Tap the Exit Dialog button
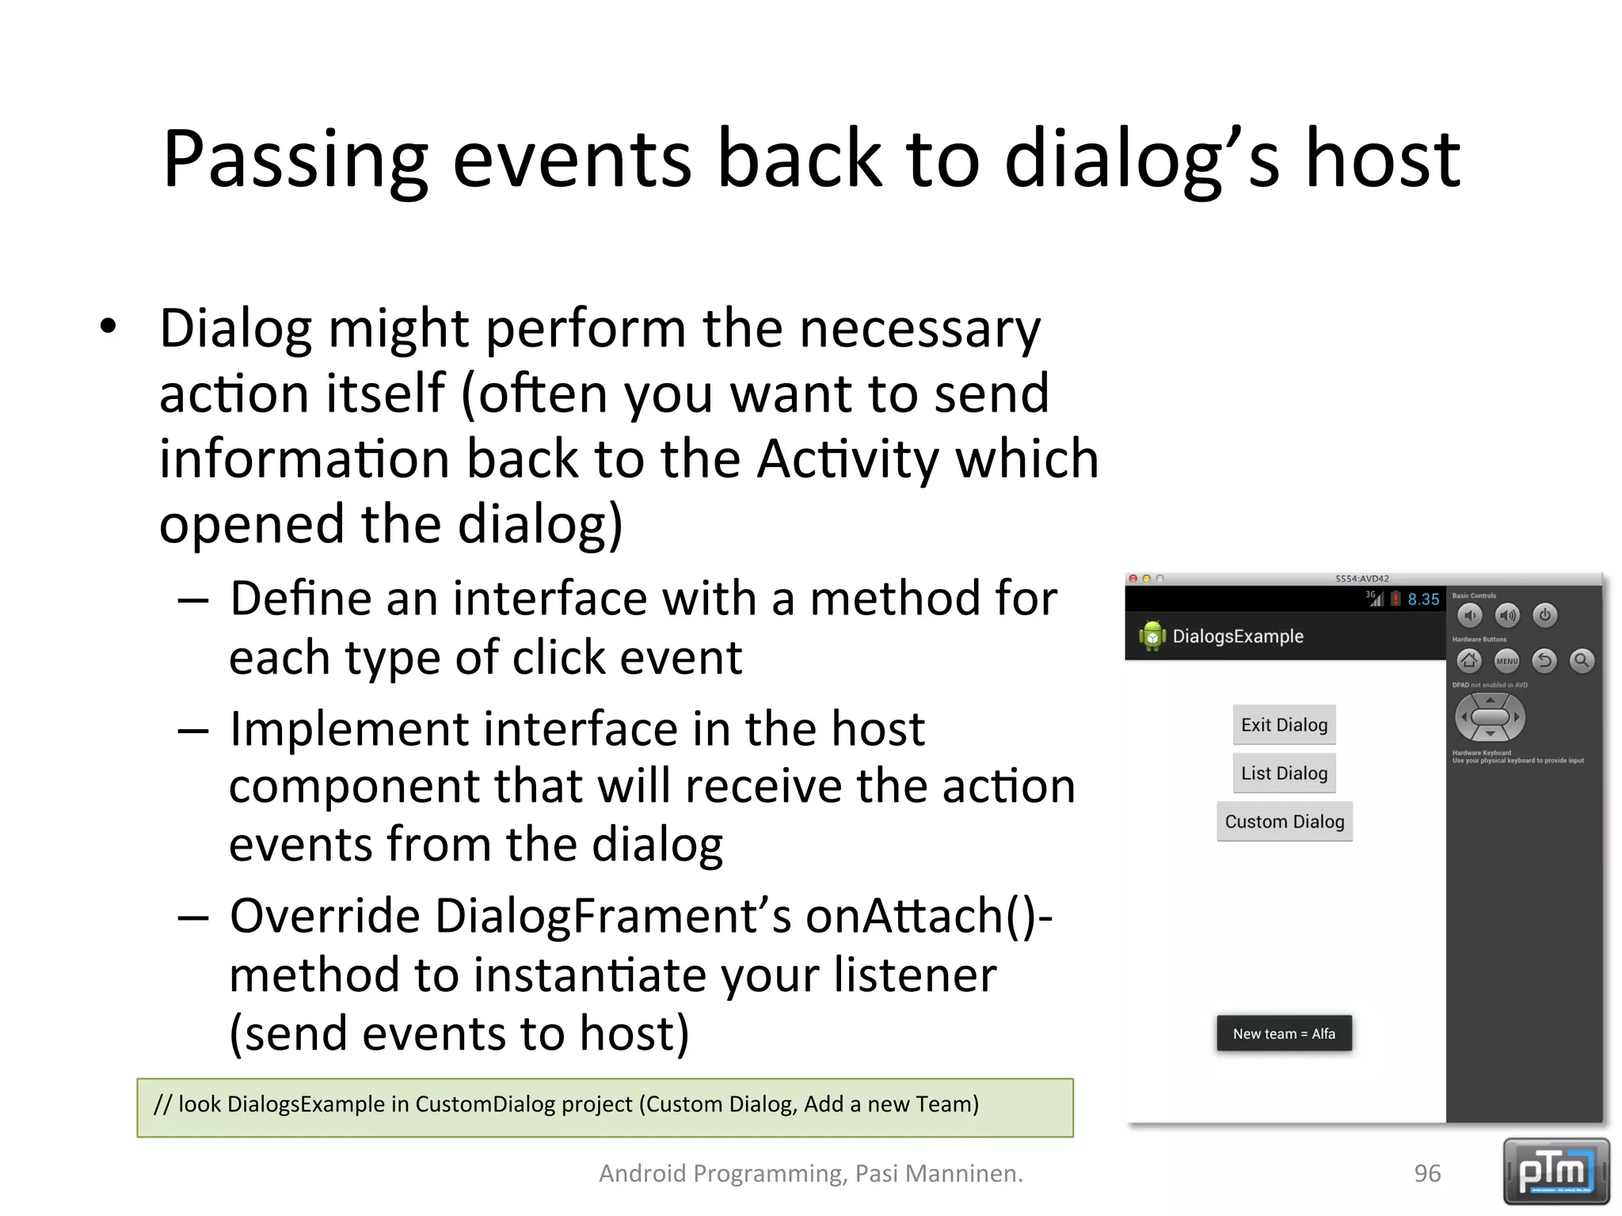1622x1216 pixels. (1284, 724)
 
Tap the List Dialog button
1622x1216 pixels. (1284, 773)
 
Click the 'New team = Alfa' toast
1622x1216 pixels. (1284, 1033)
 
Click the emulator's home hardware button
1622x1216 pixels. (1469, 660)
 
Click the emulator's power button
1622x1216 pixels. (1544, 615)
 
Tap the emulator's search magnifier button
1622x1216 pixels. (1582, 660)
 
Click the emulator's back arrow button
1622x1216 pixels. (1544, 660)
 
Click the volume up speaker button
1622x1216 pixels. (1507, 615)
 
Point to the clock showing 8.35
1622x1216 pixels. (1423, 599)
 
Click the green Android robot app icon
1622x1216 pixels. (1152, 636)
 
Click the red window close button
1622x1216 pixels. (1133, 579)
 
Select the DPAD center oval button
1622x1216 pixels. (1490, 717)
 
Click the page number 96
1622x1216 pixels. (1427, 1173)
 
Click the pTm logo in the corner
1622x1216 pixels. (1555, 1171)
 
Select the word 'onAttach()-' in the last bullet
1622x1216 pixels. (929, 916)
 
